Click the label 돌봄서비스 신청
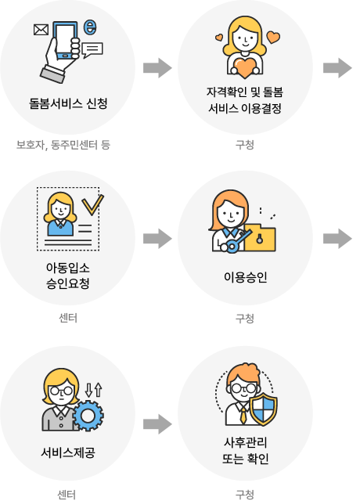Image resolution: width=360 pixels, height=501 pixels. (68, 103)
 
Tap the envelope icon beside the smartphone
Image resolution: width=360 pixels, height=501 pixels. (41, 30)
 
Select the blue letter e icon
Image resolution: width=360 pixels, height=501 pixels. (90, 27)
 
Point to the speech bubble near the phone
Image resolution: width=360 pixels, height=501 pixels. (92, 50)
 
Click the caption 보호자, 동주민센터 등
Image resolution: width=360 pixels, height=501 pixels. (63, 145)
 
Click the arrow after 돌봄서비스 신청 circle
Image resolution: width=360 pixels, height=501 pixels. (157, 68)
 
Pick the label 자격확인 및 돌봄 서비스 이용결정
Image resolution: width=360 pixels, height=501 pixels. (245, 100)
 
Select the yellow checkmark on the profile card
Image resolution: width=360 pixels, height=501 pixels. (92, 204)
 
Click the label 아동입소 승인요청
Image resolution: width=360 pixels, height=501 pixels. (68, 276)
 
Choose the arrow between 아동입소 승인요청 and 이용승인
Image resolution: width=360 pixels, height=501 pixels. (157, 238)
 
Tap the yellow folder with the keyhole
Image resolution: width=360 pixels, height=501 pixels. (260, 238)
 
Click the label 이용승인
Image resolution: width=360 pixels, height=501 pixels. (245, 277)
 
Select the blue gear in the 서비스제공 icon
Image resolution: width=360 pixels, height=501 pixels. (88, 416)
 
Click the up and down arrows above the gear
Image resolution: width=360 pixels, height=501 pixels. (94, 390)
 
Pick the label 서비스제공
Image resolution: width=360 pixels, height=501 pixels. (68, 452)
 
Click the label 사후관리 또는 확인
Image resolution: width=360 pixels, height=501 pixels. (245, 451)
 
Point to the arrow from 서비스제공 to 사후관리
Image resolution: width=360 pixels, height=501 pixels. (157, 424)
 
